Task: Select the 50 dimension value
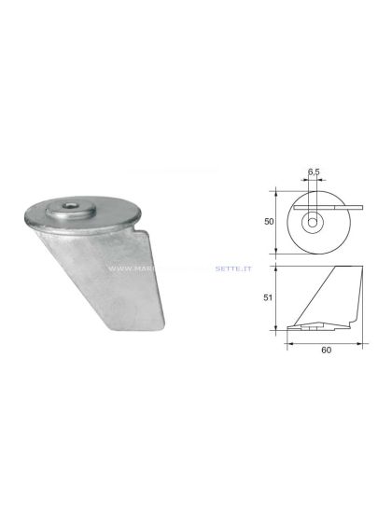(268, 222)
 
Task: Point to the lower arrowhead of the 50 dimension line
(276, 252)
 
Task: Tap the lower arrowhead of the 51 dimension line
(276, 327)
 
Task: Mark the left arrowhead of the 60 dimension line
(287, 343)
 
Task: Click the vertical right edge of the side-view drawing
(360, 296)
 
